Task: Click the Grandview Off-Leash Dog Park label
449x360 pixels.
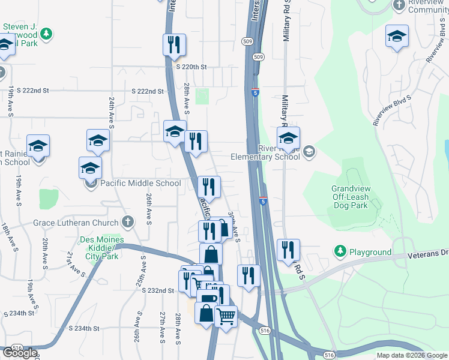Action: click(353, 197)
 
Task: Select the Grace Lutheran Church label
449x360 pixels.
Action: click(76, 223)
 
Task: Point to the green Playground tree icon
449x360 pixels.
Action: click(340, 250)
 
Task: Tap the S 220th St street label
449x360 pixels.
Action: click(191, 67)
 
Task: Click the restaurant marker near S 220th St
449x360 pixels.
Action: click(174, 44)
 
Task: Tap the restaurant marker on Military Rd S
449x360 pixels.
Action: click(288, 250)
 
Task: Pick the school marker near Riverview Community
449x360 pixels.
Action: click(397, 35)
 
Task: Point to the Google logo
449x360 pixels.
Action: click(20, 353)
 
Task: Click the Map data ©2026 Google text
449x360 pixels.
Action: click(411, 355)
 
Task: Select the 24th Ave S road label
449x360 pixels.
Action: click(112, 112)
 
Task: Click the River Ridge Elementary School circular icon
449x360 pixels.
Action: click(309, 150)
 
